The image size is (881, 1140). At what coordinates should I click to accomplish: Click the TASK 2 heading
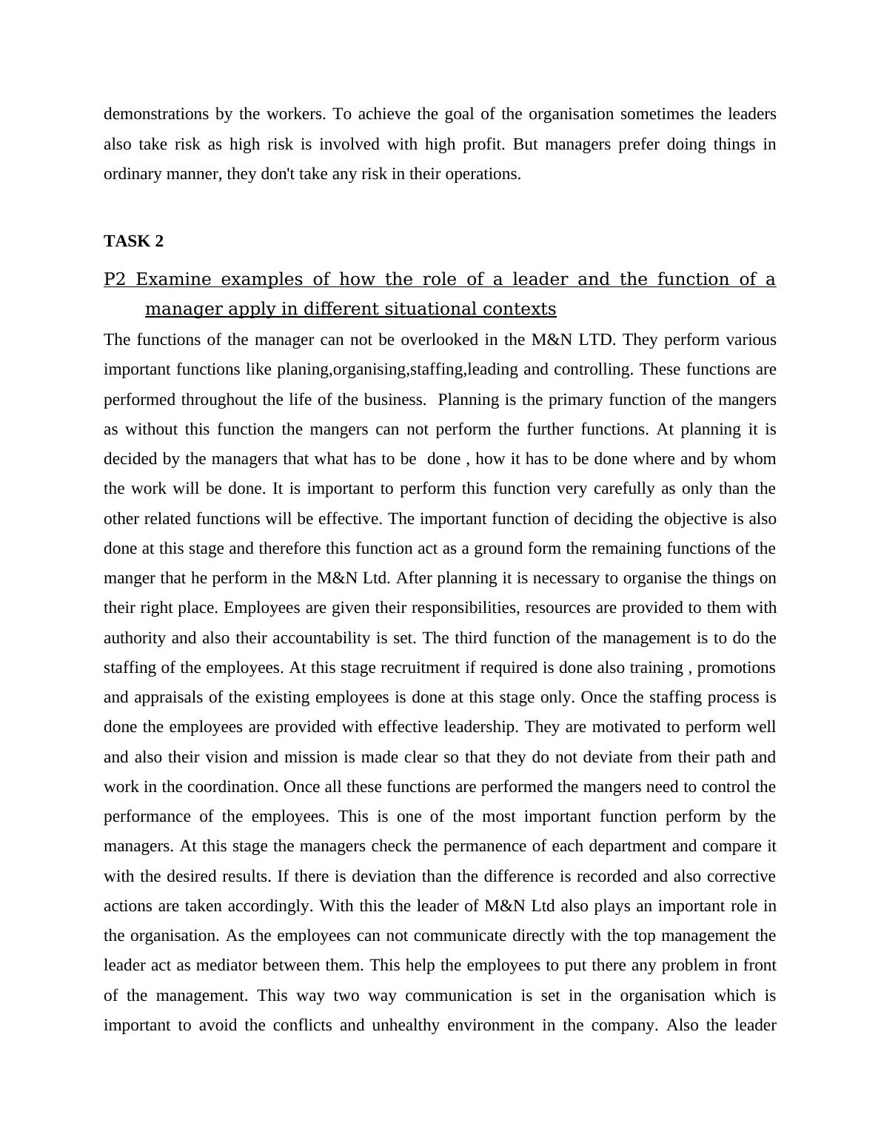(133, 241)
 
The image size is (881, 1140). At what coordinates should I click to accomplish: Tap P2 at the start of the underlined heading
(115, 280)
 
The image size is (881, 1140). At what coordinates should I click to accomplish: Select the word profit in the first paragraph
(483, 144)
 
